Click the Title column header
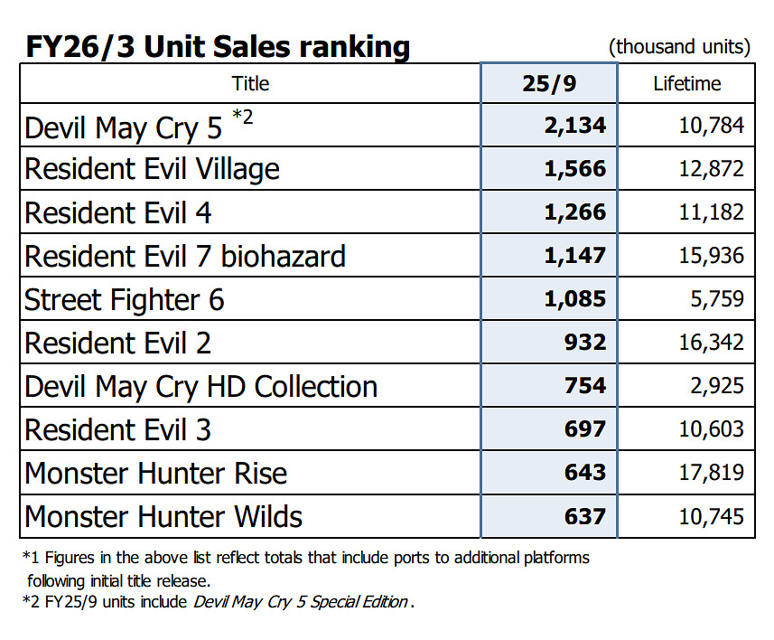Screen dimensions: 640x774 point(250,84)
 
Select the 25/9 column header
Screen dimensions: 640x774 point(548,84)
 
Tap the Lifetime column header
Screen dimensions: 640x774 point(686,84)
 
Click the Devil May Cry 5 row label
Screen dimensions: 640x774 point(123,127)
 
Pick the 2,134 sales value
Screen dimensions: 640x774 point(575,126)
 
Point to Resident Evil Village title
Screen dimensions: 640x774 point(152,169)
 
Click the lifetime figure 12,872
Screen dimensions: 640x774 point(712,169)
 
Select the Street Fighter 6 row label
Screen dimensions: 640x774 point(124,299)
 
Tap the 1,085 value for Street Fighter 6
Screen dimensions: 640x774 point(575,299)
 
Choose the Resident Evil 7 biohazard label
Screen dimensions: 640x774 point(184,256)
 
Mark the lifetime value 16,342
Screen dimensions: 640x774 point(712,343)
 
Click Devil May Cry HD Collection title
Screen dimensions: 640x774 point(200,386)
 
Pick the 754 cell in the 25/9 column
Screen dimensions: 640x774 point(586,386)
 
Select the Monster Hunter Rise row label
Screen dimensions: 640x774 point(155,473)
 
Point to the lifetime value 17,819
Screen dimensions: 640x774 point(712,473)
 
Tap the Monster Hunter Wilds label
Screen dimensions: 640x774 point(163,516)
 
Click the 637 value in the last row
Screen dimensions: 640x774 point(586,516)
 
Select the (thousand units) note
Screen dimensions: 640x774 point(679,47)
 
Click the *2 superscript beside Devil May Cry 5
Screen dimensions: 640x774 point(243,116)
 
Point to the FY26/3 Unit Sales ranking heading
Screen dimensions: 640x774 point(217,46)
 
